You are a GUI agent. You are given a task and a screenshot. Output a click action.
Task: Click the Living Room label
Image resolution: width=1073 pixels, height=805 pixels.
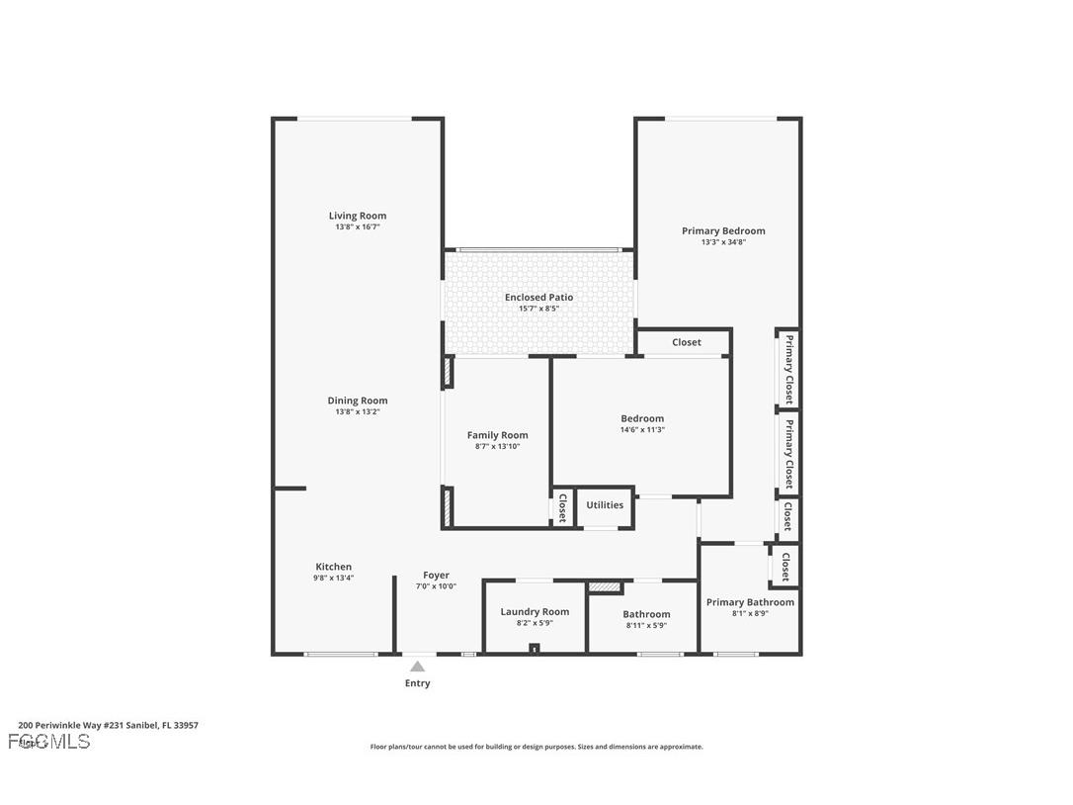[358, 216]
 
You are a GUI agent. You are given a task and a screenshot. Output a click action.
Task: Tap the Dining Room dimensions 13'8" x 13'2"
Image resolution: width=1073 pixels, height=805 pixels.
[358, 412]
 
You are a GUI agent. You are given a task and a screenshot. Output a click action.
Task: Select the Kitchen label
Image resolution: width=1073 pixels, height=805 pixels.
[333, 567]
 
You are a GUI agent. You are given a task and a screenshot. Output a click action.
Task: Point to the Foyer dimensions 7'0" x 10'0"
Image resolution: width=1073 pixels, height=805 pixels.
[436, 586]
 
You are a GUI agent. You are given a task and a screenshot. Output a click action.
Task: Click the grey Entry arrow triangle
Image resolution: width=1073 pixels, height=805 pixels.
[418, 667]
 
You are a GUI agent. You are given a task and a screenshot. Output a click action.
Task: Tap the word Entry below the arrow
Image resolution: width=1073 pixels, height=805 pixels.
[418, 683]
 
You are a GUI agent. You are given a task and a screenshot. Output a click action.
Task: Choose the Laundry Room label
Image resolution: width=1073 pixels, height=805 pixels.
[535, 611]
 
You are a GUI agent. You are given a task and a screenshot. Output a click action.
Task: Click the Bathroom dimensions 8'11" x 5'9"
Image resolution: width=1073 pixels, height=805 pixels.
[646, 626]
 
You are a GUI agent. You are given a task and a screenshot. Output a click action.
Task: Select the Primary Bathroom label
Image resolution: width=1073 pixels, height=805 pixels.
[750, 601]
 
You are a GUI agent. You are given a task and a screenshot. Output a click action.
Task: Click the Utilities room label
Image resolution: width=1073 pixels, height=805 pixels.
[605, 504]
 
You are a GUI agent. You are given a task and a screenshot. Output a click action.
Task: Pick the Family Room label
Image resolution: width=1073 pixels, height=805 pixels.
[497, 435]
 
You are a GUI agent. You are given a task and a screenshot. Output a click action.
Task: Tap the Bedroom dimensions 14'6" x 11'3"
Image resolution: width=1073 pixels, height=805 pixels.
[642, 430]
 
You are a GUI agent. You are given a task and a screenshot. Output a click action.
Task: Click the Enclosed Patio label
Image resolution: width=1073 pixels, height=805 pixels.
[538, 297]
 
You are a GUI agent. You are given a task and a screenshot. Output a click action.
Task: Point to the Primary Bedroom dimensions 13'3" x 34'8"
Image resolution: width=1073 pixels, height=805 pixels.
[723, 242]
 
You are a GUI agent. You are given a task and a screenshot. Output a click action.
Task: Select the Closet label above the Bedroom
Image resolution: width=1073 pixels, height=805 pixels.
[687, 342]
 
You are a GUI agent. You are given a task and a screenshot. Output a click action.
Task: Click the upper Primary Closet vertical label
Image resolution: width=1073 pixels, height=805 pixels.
[788, 368]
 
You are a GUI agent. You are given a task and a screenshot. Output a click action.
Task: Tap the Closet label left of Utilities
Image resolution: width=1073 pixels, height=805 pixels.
[562, 507]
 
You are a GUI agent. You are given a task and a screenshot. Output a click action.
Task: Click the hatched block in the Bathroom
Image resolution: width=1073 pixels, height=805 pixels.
[605, 587]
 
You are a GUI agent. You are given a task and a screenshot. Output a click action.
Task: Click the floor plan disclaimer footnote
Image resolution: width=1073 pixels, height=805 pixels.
[536, 747]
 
